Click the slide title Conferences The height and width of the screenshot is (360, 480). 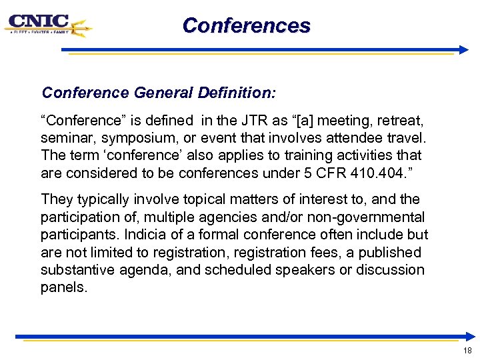(246, 25)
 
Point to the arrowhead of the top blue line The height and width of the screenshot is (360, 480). (464, 50)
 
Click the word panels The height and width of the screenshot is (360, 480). (64, 287)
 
